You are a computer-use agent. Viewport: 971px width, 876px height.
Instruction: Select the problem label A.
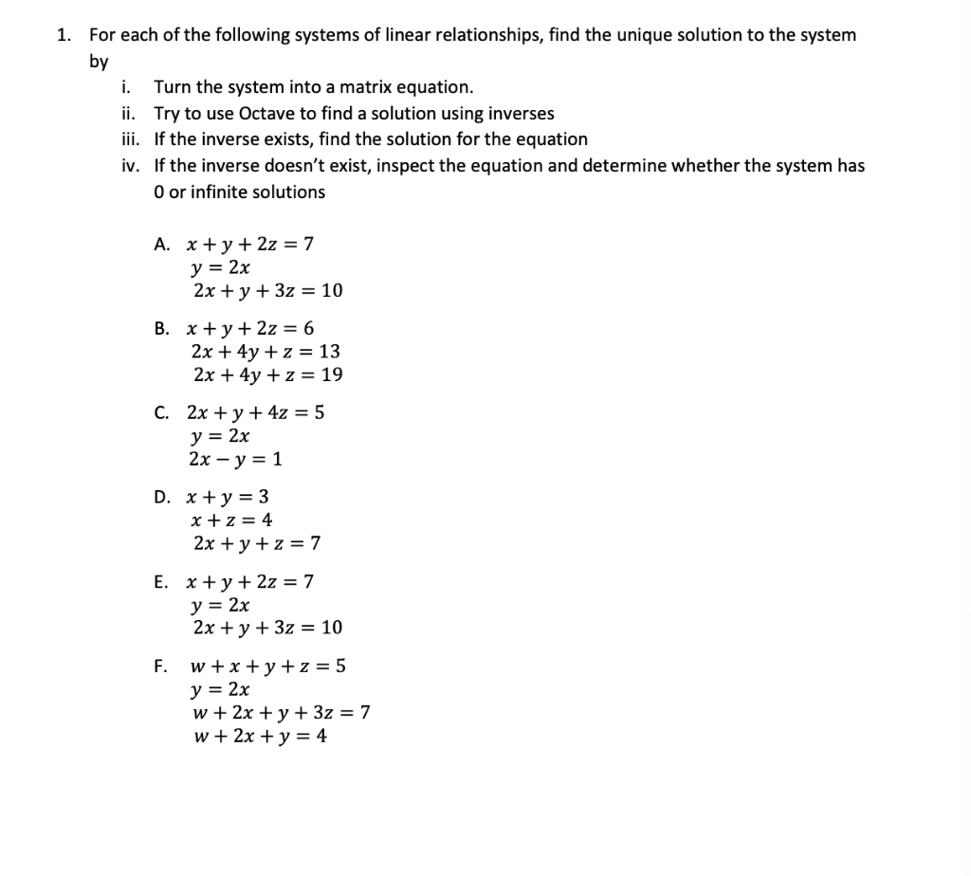click(161, 245)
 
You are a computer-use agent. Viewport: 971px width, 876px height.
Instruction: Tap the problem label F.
click(161, 666)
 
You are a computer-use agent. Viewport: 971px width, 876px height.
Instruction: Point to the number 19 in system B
click(332, 375)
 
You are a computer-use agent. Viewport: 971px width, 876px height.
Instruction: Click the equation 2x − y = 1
click(235, 460)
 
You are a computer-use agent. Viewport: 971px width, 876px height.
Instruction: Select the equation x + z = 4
click(231, 520)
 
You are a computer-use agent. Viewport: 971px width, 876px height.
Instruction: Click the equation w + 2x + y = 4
click(259, 737)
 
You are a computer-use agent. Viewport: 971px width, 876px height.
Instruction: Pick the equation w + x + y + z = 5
click(268, 666)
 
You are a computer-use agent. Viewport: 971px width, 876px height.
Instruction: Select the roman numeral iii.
click(130, 139)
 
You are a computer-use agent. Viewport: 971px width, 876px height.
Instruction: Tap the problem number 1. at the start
click(63, 35)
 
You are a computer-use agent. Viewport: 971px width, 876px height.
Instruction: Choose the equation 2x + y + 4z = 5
click(256, 413)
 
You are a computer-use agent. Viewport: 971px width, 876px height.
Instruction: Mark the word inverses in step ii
click(522, 114)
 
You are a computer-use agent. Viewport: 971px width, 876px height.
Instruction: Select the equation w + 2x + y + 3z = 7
click(280, 713)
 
